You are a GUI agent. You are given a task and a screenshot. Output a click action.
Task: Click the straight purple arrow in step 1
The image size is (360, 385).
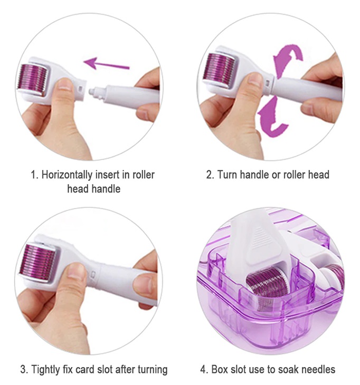pos(106,63)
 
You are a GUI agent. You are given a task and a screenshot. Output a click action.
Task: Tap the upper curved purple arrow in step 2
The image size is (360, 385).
pos(288,60)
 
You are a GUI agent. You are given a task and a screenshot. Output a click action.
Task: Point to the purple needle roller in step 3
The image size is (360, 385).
pos(37,262)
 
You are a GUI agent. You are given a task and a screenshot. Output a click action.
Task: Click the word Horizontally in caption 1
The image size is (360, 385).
pos(67,175)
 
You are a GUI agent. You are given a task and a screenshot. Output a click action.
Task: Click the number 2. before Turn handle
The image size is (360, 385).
pos(210,175)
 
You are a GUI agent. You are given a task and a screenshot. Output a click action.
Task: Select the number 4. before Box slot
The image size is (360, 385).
pos(204,369)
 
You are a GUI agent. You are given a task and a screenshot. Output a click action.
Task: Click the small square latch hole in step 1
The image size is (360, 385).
pos(80,88)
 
